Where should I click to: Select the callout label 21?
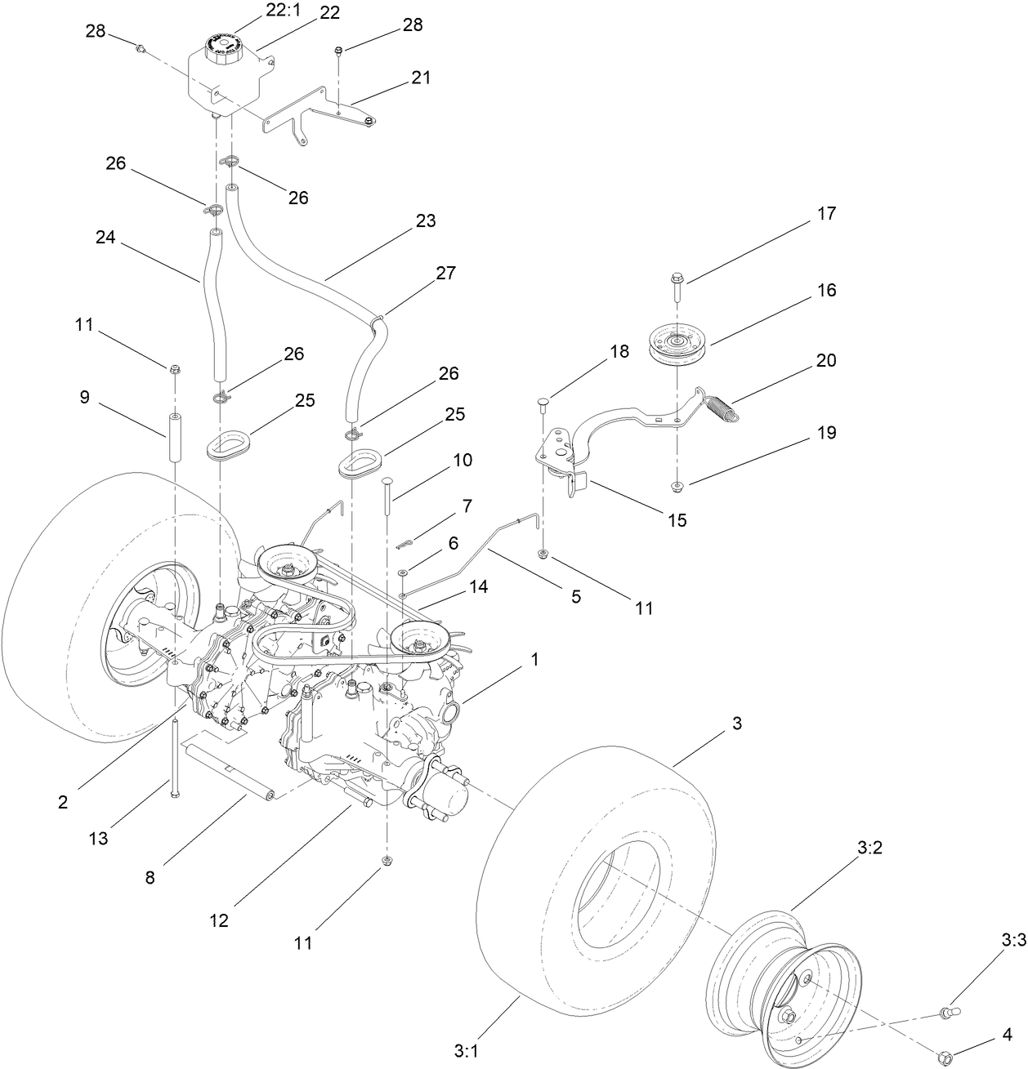(x=421, y=78)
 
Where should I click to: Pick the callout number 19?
(x=826, y=433)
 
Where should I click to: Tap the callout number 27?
(x=445, y=273)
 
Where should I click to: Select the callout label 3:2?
(x=869, y=849)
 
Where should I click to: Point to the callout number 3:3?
(x=1012, y=941)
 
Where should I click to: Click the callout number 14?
(x=478, y=586)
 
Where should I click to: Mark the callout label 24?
(x=105, y=238)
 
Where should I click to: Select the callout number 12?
(x=218, y=920)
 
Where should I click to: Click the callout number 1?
(x=534, y=660)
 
